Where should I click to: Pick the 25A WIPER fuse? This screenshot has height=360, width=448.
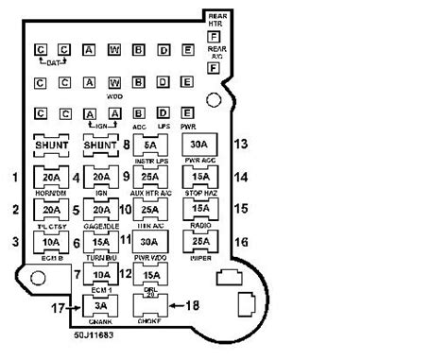click(199, 241)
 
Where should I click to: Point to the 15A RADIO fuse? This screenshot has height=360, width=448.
click(199, 209)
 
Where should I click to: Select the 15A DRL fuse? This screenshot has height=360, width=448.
click(150, 274)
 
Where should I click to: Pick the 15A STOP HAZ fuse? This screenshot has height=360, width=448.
click(199, 177)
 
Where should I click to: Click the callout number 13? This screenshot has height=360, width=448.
click(241, 144)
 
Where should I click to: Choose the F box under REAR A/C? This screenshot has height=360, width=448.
click(214, 68)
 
